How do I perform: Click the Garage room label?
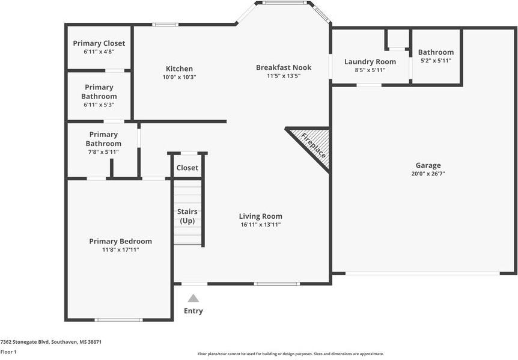[428, 165]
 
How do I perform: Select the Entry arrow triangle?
[193, 298]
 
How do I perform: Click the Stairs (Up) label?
[187, 216]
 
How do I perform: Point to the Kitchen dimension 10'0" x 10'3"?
[179, 77]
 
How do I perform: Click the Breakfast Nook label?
[284, 67]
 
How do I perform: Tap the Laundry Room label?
[370, 61]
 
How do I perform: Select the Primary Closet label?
[99, 43]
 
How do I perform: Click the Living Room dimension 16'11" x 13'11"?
[260, 225]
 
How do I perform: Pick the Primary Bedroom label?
[120, 241]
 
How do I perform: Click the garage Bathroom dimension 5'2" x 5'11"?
[436, 61]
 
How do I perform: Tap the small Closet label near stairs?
[187, 168]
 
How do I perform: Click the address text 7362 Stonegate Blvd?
[50, 341]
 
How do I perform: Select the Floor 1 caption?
[8, 352]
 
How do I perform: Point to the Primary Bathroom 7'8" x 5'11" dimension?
[103, 152]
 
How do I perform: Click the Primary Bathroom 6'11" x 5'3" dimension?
[99, 105]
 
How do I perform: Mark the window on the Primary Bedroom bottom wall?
[119, 320]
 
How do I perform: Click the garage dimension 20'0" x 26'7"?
[428, 174]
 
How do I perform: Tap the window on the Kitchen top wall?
[165, 25]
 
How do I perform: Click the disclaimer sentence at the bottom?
[290, 354]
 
